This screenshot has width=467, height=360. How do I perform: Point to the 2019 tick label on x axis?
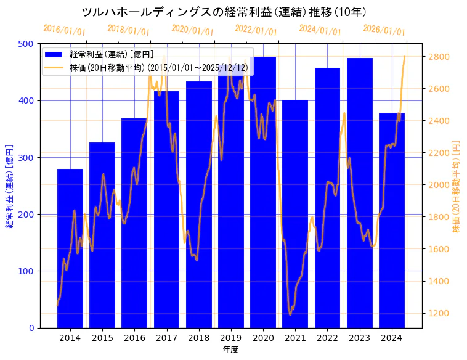coord(231,337)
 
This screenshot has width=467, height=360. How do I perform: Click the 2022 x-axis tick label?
coord(327,337)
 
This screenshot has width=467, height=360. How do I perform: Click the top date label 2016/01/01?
coord(65,30)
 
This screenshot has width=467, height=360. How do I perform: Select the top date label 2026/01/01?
coord(384,30)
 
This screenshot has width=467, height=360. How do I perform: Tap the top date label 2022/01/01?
coord(256,30)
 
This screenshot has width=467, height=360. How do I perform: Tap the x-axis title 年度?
coord(231,350)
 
